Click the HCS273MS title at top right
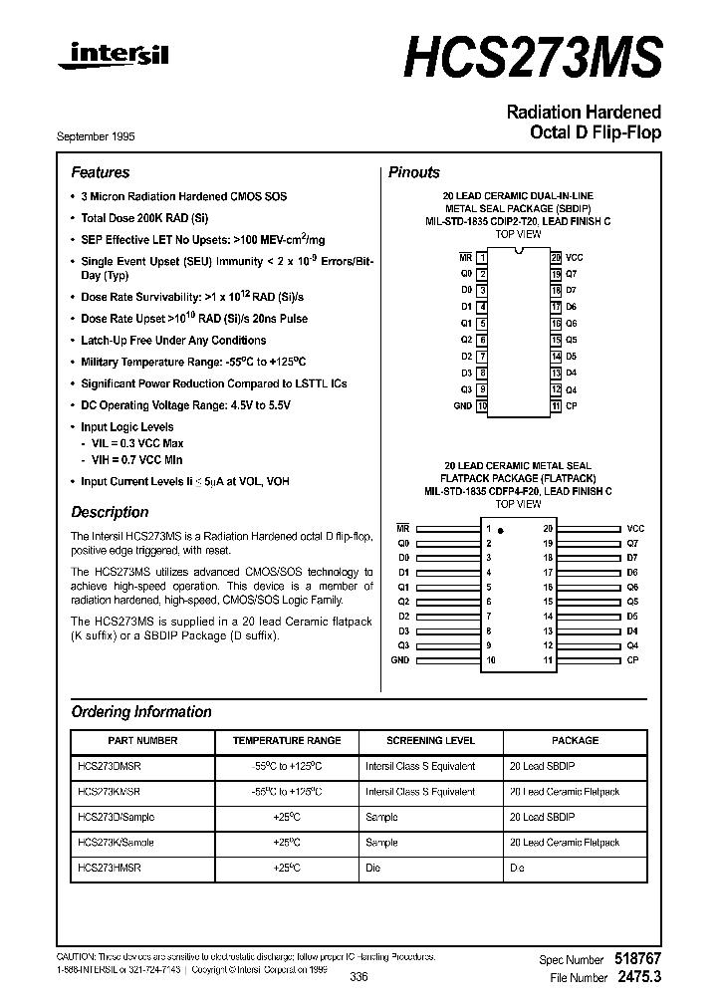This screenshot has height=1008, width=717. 532,57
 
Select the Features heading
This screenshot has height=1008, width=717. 100,172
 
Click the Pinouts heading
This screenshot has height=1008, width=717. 413,172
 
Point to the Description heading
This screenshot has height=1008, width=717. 110,512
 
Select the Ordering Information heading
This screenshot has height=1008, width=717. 140,712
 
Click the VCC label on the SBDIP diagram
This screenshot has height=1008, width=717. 575,257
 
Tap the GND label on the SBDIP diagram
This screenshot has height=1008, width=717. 462,406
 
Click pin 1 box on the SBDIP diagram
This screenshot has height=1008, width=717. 482,257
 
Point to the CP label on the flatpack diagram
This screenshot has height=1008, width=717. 632,660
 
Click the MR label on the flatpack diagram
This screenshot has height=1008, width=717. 403,528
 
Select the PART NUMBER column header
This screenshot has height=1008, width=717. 142,741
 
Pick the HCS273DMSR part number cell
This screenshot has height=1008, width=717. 109,766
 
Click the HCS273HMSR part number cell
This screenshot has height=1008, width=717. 109,868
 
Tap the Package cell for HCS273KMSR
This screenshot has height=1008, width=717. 564,792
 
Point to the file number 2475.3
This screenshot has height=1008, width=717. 637,978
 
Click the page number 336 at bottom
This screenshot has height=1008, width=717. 359,977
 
